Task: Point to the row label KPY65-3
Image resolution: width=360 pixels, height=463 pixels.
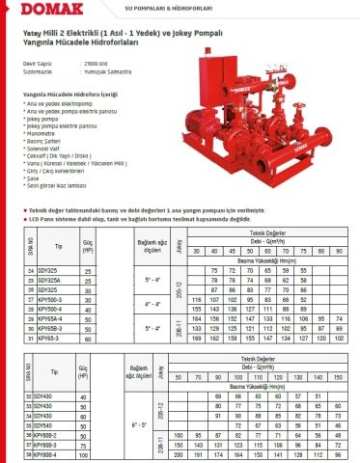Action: (x=46, y=340)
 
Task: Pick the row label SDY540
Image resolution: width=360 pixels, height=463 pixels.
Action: (x=44, y=423)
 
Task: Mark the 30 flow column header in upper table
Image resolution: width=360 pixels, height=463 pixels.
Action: (x=197, y=252)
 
